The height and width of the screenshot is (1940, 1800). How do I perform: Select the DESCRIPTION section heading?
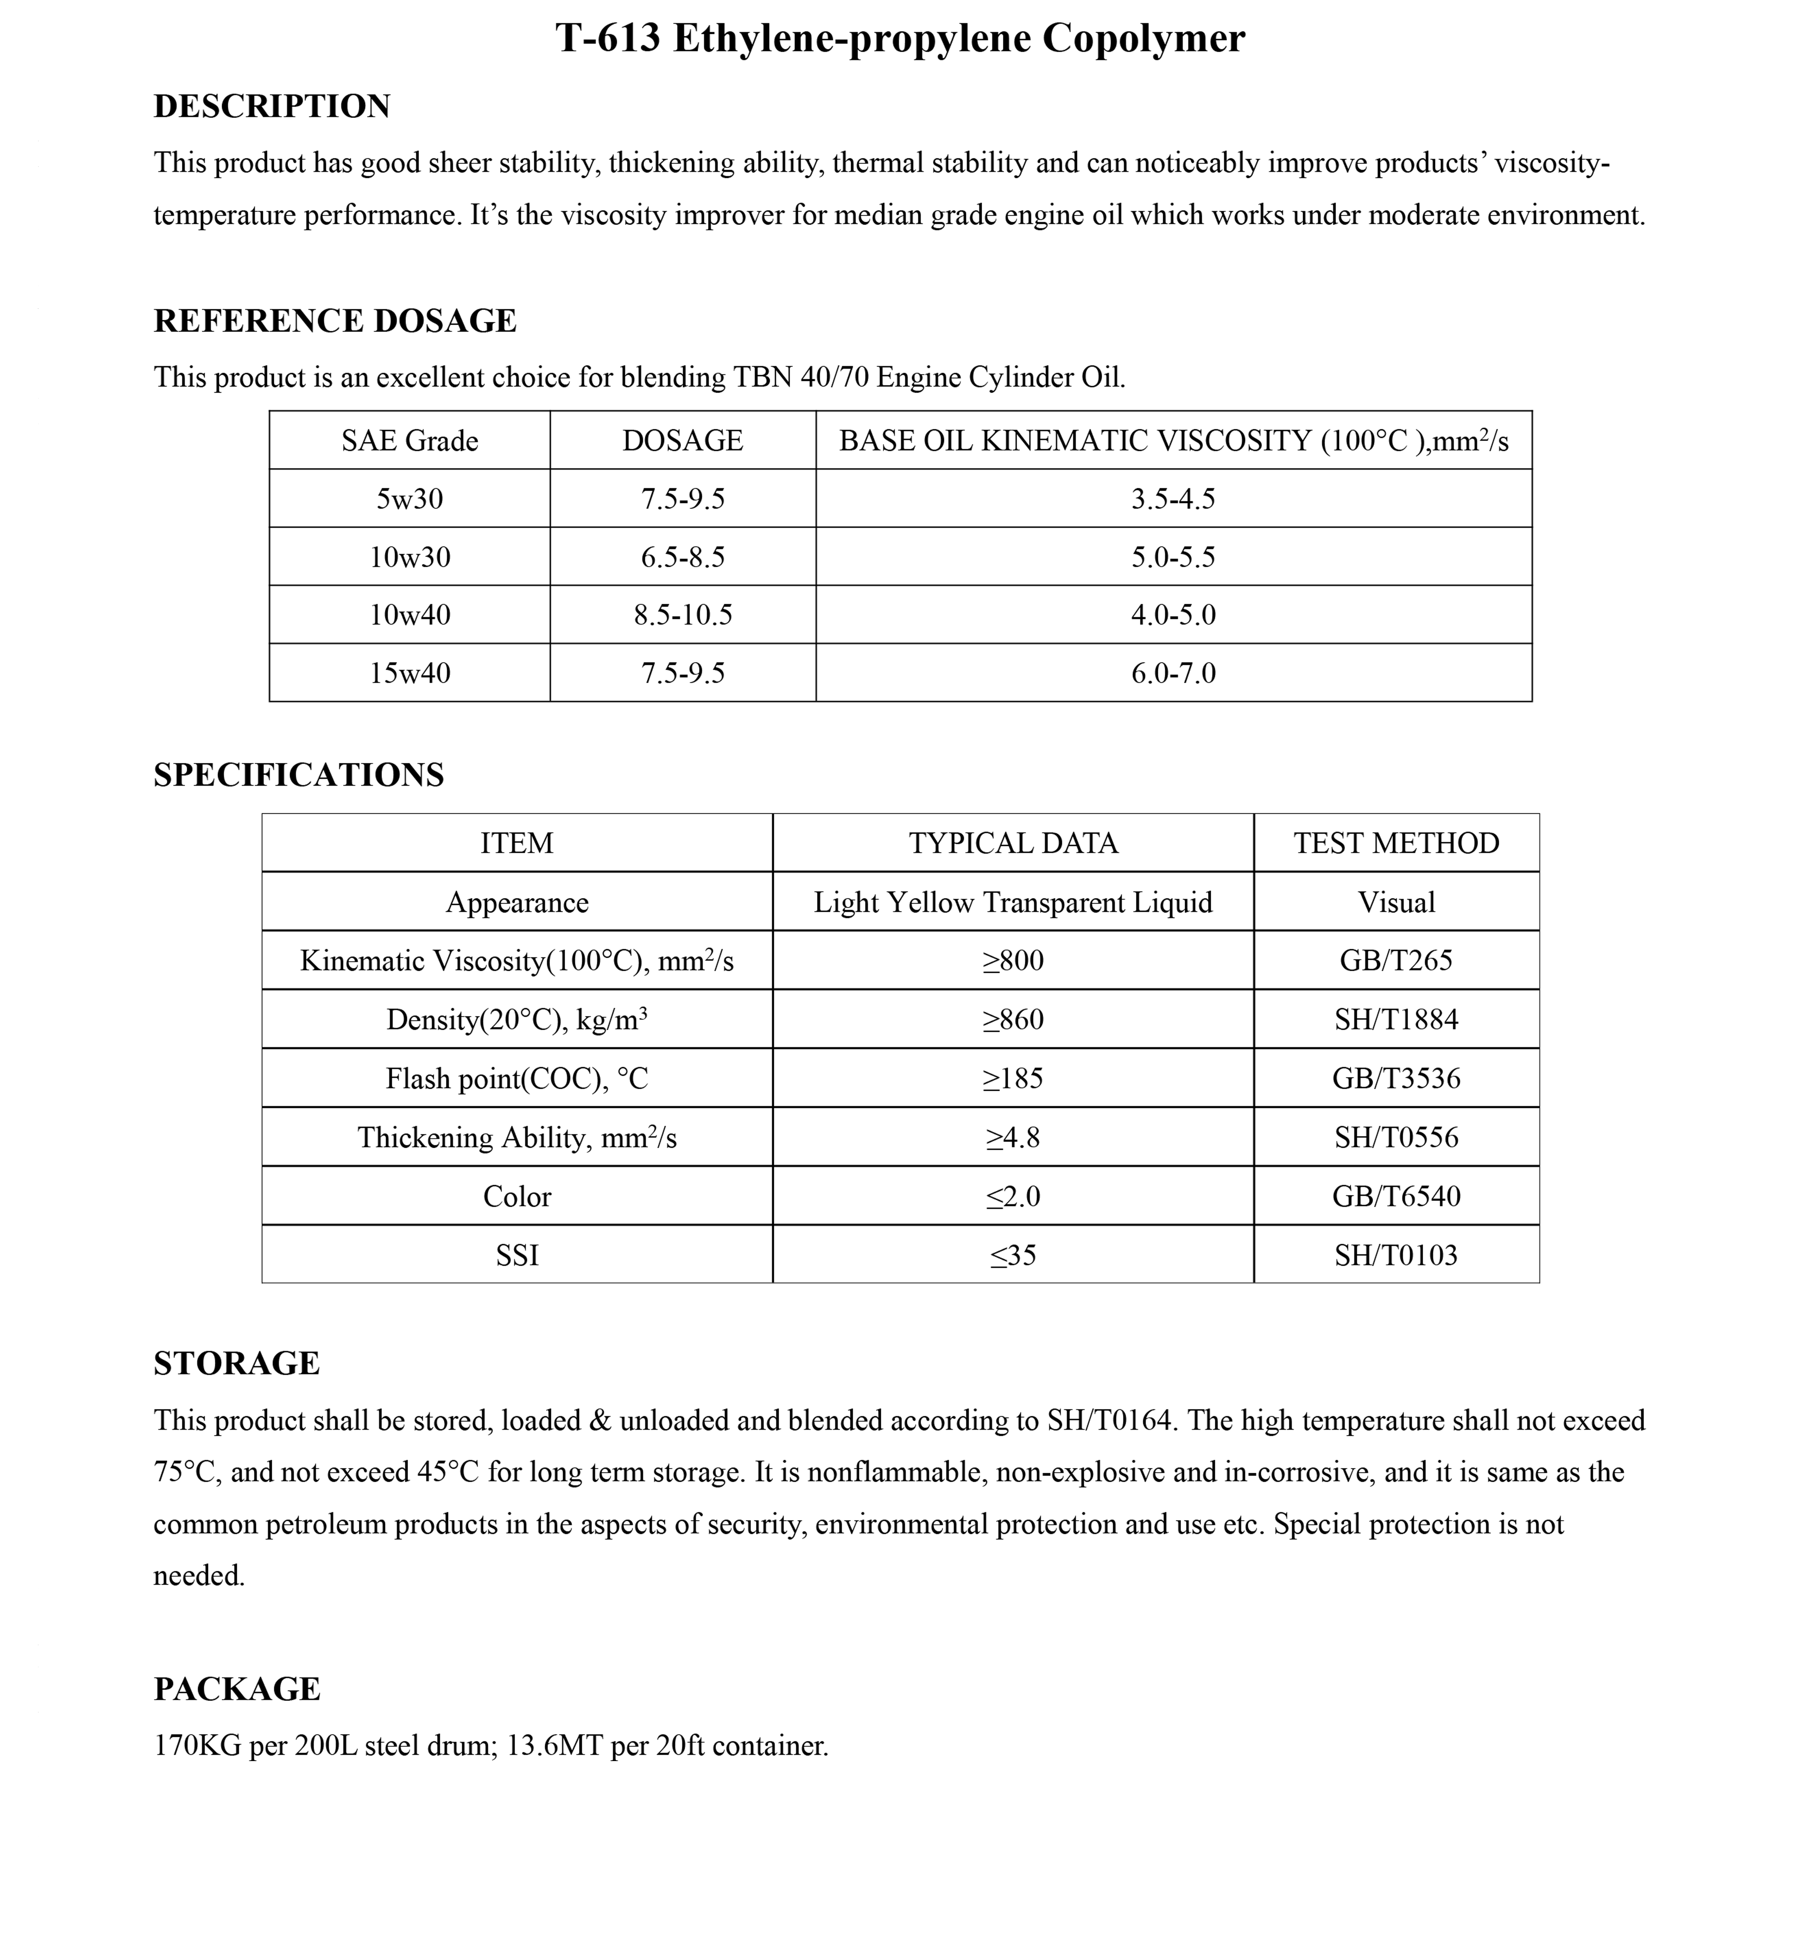[x=272, y=106]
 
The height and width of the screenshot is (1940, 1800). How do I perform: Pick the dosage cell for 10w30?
[x=683, y=557]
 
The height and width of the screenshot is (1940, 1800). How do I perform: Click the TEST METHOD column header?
[x=1396, y=843]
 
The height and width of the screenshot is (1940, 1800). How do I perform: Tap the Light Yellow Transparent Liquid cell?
[x=1013, y=903]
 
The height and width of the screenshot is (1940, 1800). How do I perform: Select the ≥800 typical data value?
[x=1013, y=961]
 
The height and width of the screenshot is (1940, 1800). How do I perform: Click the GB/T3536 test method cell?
[x=1396, y=1079]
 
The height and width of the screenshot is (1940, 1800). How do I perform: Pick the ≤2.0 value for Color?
[x=1013, y=1197]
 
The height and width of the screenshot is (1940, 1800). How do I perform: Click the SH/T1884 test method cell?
[x=1396, y=1020]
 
